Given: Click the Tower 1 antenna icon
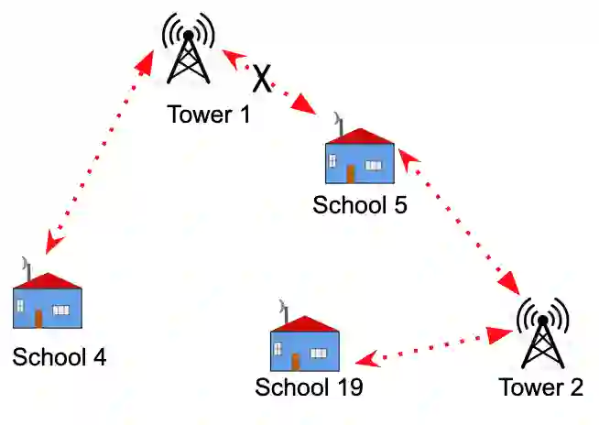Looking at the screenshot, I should [189, 50].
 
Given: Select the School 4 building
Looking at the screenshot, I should [48, 301].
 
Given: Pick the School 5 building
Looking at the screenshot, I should [360, 158].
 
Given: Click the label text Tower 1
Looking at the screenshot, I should [209, 115].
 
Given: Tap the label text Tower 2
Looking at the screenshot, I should [540, 387].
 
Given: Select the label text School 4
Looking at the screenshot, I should [59, 356].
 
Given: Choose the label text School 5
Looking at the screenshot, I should [360, 204].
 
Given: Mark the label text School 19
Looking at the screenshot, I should [309, 387].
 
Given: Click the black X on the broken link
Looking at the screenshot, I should [263, 78].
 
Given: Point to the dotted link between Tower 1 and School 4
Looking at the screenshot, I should [98, 152].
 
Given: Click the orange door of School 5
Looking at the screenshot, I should [350, 172].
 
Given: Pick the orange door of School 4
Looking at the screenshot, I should [38, 317].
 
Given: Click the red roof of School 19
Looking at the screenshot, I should [305, 323].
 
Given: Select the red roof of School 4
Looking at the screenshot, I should [48, 280].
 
